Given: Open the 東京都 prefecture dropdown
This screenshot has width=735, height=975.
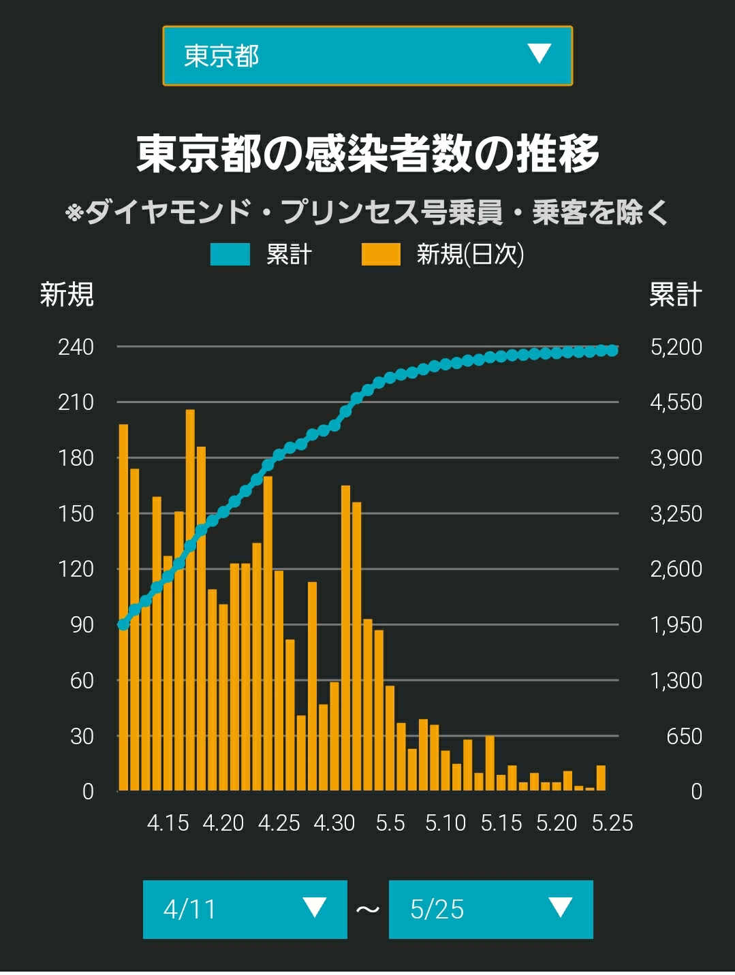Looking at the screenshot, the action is pyautogui.click(x=368, y=56).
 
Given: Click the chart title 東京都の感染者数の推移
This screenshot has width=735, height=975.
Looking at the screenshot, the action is pyautogui.click(x=368, y=154).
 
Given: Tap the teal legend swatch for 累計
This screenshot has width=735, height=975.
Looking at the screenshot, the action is pyautogui.click(x=230, y=254).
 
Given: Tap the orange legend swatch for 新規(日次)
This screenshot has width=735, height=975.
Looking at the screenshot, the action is pyautogui.click(x=381, y=254).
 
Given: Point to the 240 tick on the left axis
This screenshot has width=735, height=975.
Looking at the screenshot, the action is pyautogui.click(x=76, y=347).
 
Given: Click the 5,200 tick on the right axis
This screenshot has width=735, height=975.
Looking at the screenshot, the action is pyautogui.click(x=676, y=347).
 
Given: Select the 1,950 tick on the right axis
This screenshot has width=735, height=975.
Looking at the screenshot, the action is pyautogui.click(x=676, y=625).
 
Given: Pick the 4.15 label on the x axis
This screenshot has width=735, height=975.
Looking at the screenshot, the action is pyautogui.click(x=168, y=823).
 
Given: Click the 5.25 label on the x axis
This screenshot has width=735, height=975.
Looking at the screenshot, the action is pyautogui.click(x=612, y=823).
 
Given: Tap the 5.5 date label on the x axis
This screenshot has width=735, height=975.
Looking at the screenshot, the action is pyautogui.click(x=390, y=823).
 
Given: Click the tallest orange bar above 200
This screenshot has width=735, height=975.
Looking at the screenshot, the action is pyautogui.click(x=190, y=600).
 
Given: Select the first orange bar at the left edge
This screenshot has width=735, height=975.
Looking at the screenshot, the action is pyautogui.click(x=123, y=607).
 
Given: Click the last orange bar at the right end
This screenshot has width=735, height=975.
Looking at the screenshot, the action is pyautogui.click(x=601, y=778).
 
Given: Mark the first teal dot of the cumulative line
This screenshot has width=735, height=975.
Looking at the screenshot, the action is pyautogui.click(x=123, y=625).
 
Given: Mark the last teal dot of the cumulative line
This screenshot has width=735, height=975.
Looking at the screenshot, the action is pyautogui.click(x=612, y=351).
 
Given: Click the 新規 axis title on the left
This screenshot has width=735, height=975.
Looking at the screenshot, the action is pyautogui.click(x=67, y=294).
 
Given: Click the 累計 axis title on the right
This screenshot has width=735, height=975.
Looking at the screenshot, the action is pyautogui.click(x=676, y=294).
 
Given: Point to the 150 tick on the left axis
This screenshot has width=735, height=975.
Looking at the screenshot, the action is pyautogui.click(x=76, y=514).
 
